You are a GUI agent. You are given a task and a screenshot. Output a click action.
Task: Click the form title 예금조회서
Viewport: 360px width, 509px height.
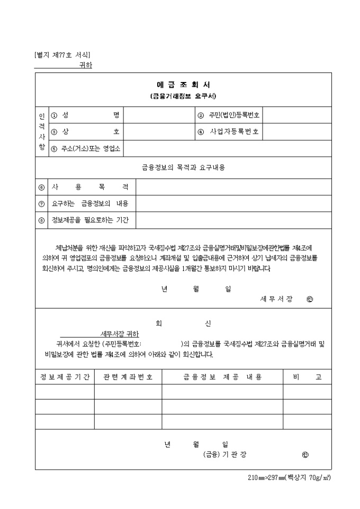(x=183, y=85)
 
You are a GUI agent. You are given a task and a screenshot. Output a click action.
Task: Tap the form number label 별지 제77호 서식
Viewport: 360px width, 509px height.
(x=62, y=54)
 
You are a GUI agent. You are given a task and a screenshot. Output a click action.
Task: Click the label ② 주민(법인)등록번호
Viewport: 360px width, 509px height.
(x=229, y=115)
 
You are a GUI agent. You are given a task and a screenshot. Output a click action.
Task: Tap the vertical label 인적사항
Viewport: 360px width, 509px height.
(x=42, y=132)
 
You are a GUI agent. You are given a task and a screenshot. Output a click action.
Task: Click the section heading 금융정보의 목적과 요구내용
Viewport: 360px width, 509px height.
(x=183, y=168)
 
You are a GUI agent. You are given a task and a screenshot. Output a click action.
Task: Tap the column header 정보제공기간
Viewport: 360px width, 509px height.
(x=65, y=377)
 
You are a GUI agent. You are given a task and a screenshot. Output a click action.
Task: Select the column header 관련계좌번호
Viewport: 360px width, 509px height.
(x=128, y=377)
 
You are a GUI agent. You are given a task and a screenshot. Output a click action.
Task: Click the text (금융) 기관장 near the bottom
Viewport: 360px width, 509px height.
(x=225, y=455)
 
